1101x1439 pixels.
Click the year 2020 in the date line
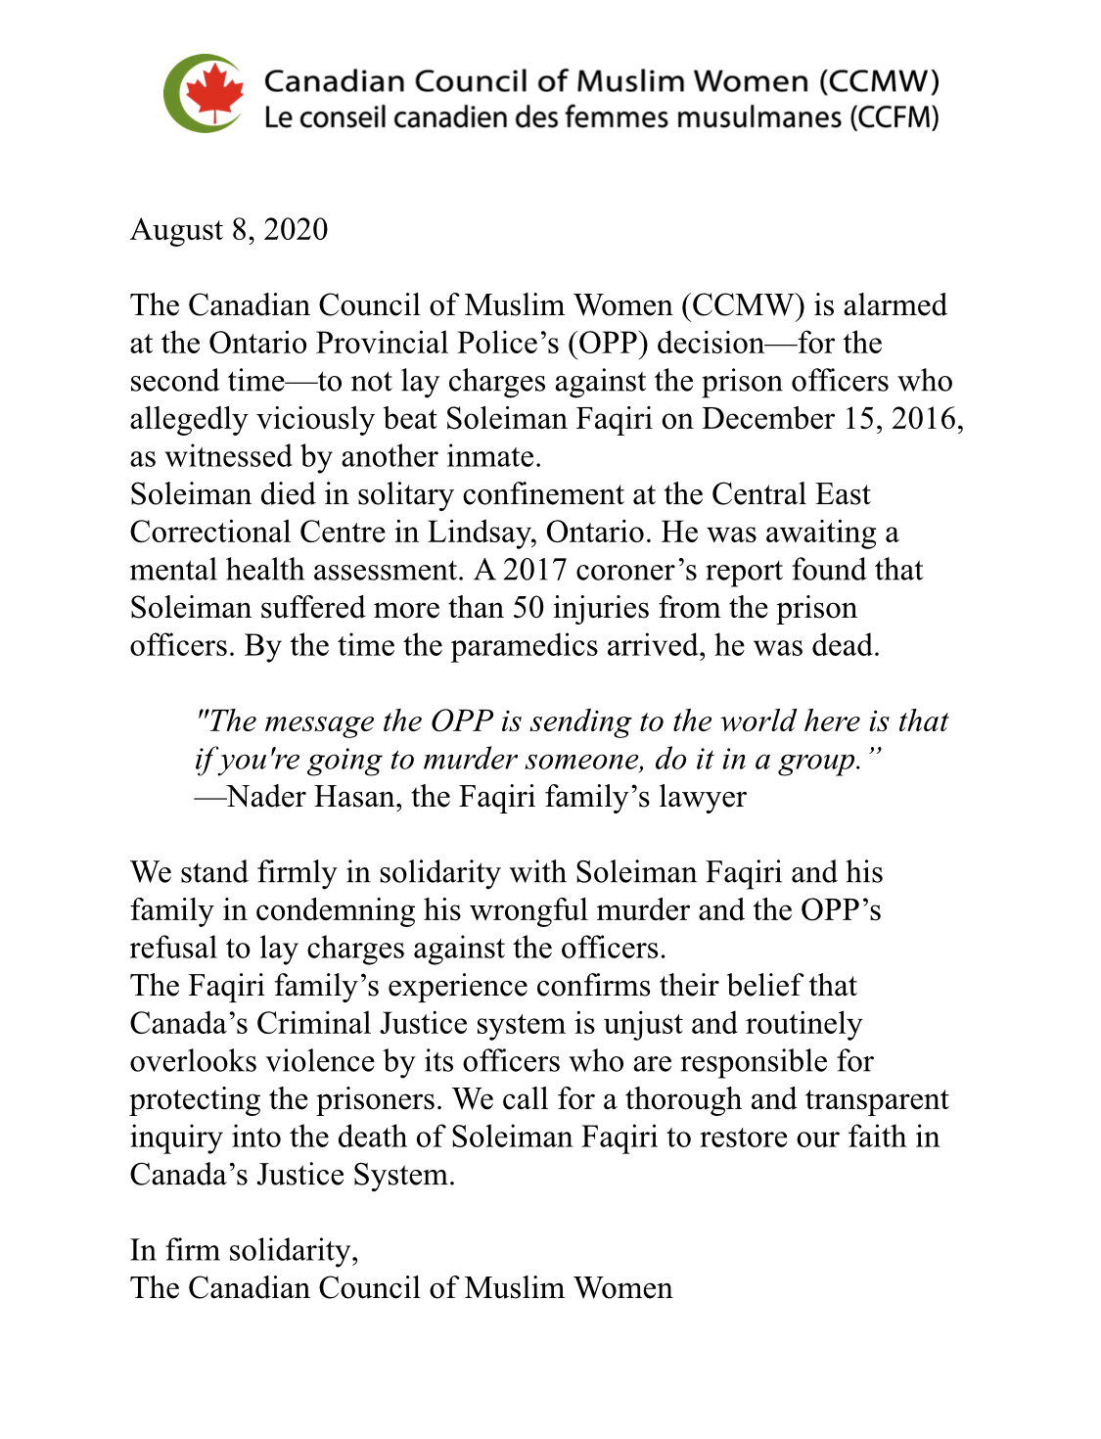click(296, 229)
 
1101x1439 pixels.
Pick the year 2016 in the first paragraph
click(924, 419)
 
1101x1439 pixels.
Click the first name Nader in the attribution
click(268, 797)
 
